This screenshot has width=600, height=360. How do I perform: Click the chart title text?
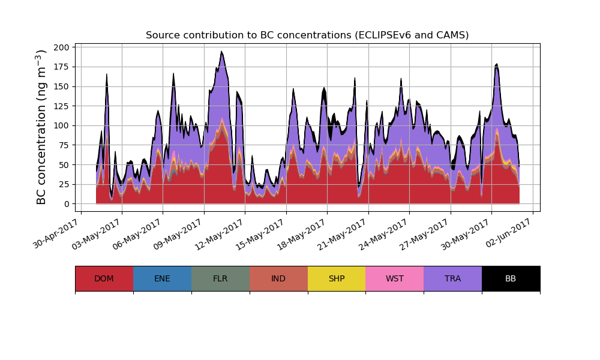(307, 35)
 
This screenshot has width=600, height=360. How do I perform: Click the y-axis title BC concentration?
(41, 127)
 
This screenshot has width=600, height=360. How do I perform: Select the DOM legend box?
(104, 278)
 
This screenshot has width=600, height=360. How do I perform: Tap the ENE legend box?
(162, 278)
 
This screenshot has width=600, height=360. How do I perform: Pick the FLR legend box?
(220, 278)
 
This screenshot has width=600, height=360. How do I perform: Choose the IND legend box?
(278, 278)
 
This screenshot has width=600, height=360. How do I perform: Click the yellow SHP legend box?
(337, 278)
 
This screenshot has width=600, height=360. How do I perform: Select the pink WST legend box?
(395, 278)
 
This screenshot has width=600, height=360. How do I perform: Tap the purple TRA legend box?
(452, 278)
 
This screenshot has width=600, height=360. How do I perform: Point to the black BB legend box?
(511, 278)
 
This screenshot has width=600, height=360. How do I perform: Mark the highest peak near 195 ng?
(221, 52)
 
